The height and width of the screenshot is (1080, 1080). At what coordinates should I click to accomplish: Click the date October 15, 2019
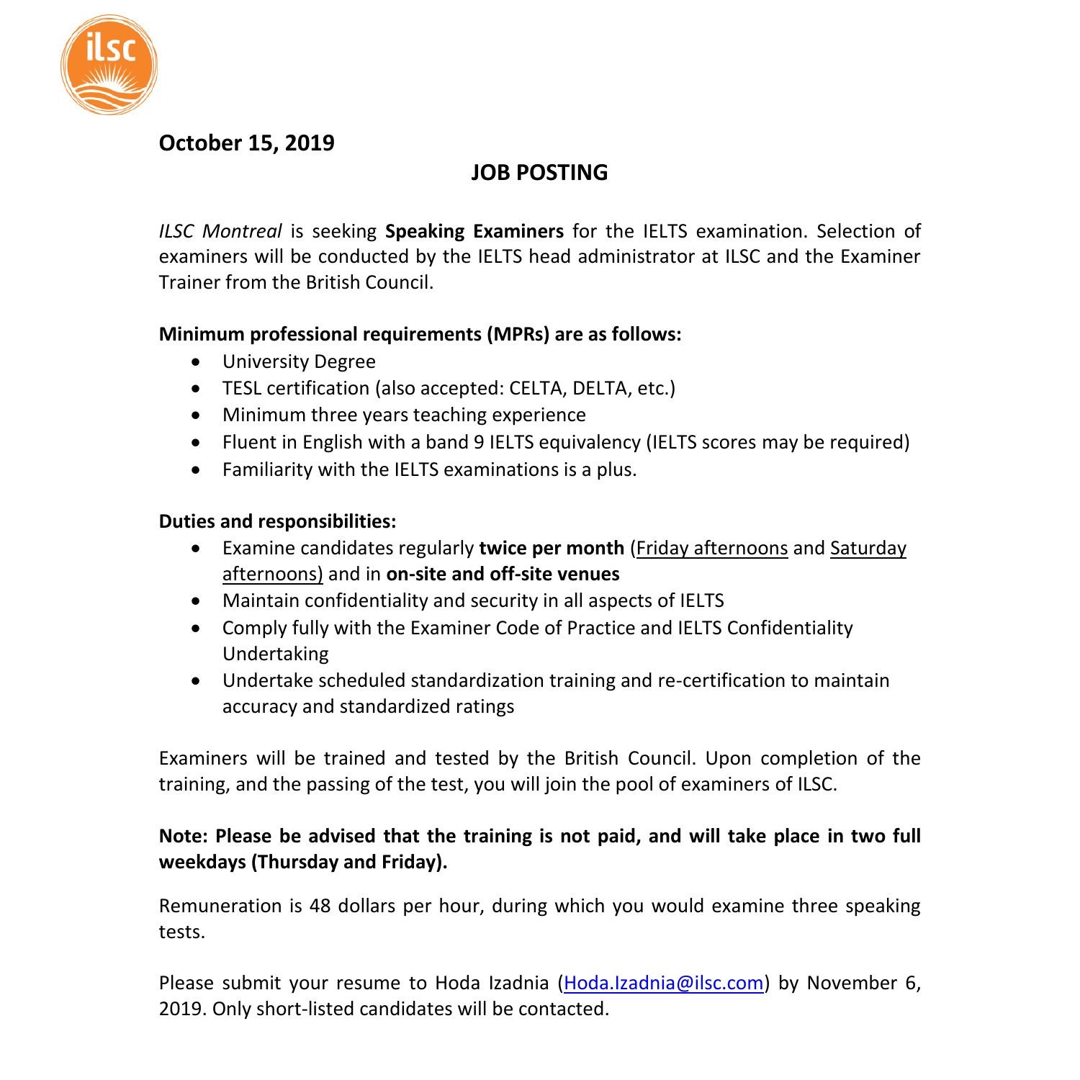click(246, 143)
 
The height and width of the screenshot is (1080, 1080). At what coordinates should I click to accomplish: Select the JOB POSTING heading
click(539, 173)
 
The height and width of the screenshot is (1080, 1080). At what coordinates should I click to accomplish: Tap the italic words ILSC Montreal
click(220, 231)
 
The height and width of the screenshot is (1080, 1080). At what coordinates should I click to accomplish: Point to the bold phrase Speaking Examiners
click(474, 231)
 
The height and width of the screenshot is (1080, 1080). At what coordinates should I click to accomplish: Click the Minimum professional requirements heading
click(420, 334)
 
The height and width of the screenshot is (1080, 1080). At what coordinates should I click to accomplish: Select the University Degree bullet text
click(299, 361)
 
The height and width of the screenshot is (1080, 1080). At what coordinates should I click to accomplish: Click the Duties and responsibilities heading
click(277, 521)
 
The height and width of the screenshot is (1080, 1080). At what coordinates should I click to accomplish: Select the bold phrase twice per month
click(552, 548)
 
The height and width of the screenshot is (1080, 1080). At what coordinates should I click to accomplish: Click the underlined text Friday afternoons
click(712, 548)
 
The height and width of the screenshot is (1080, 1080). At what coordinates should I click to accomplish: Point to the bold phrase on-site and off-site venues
click(503, 574)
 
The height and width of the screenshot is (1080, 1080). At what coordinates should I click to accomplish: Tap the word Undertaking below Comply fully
click(275, 654)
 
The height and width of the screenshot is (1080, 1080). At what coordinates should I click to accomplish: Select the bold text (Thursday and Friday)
click(349, 862)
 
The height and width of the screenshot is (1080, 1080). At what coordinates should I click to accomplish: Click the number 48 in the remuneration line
click(320, 906)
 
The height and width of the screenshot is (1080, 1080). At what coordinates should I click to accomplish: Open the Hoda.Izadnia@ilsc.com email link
click(663, 983)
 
